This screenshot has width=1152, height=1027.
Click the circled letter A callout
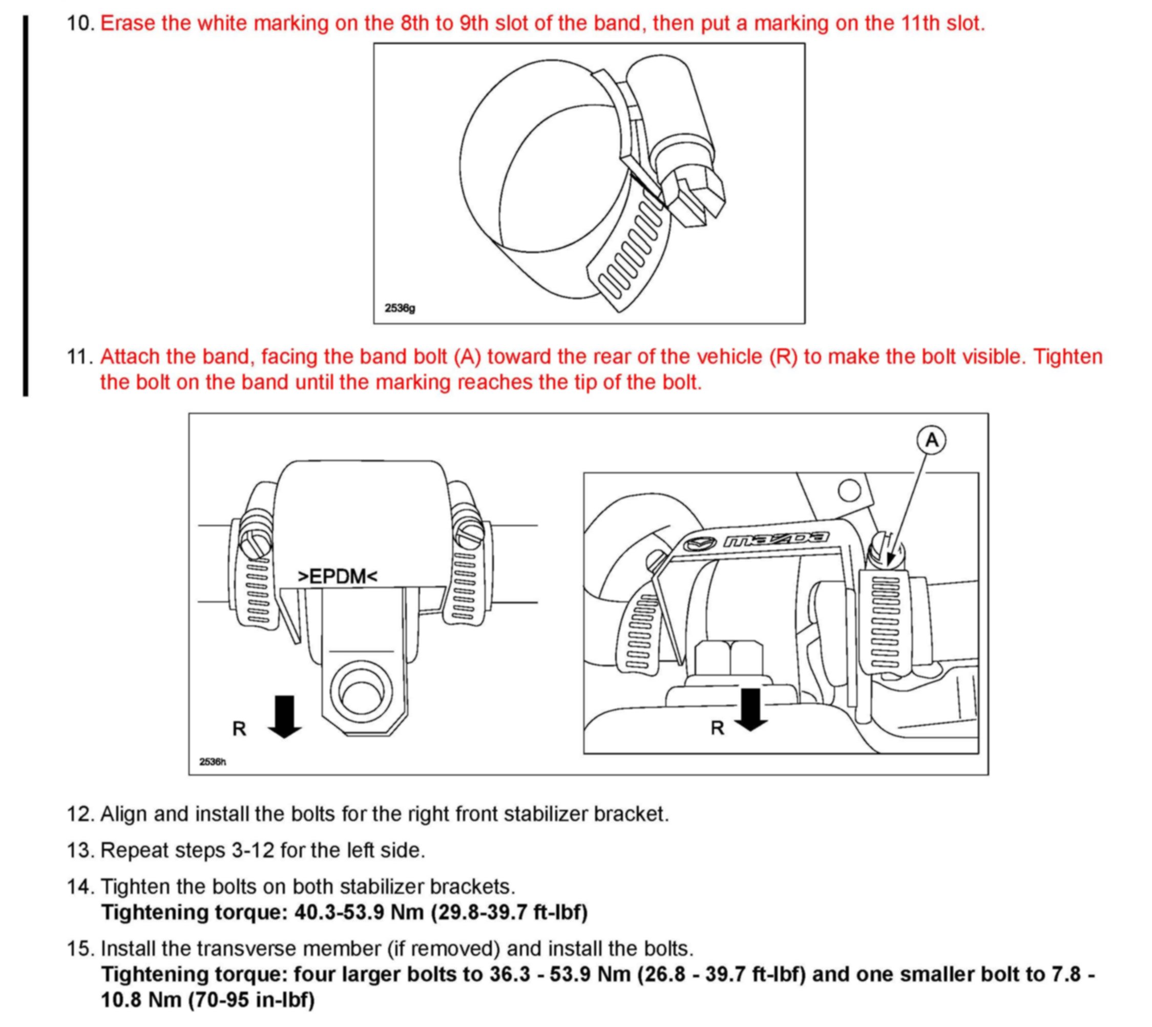[931, 439]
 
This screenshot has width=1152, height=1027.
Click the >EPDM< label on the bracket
[338, 576]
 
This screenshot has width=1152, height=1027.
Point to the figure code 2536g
[400, 309]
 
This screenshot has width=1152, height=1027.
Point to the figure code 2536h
[213, 762]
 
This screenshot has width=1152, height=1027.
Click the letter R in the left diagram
[239, 728]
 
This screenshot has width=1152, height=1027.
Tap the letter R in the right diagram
[717, 728]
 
